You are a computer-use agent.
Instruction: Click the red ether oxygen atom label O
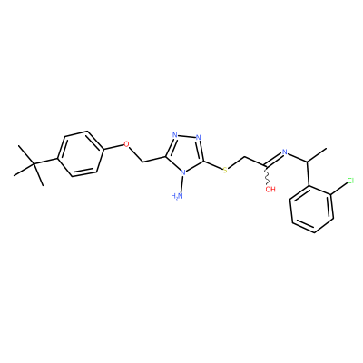click(126, 144)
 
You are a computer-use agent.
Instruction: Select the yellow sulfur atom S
click(225, 171)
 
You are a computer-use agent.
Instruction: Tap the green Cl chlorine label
click(350, 181)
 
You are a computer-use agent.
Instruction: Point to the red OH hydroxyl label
click(270, 190)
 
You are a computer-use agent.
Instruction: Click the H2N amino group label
click(177, 196)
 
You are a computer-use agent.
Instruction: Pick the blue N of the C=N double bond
click(284, 152)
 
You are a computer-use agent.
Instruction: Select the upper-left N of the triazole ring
click(175, 135)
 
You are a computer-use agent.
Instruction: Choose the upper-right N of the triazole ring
click(199, 138)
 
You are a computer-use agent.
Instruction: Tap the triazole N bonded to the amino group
click(182, 173)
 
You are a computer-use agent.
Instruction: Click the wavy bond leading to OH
click(267, 176)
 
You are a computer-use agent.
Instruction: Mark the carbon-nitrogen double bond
click(273, 160)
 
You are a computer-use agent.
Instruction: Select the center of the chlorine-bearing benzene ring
click(311, 210)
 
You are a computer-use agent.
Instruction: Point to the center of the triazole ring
click(185, 154)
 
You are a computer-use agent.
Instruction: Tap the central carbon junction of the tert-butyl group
click(34, 164)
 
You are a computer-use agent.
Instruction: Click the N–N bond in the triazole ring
click(187, 136)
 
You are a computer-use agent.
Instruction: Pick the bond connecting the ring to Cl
click(338, 190)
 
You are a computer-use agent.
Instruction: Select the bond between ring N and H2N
click(181, 184)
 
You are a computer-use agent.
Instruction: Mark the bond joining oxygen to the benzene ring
click(113, 147)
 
